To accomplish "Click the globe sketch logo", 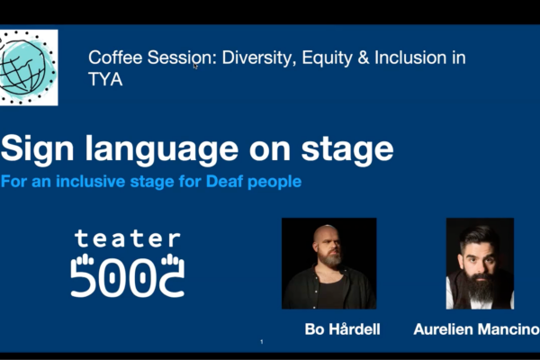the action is click(x=29, y=67).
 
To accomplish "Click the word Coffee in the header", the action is click(x=115, y=58).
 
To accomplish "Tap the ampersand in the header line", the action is click(x=364, y=58).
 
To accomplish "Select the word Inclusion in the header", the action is click(x=410, y=58).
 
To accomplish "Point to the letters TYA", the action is click(x=105, y=79).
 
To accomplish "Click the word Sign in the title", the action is click(x=37, y=149).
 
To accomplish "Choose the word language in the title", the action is click(x=162, y=149).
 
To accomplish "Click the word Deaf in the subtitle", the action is click(x=224, y=181).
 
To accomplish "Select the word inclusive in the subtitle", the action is click(x=90, y=181).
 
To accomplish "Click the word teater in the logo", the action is click(x=128, y=238).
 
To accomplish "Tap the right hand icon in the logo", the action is click(x=171, y=260).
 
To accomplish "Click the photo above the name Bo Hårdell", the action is click(x=328, y=263).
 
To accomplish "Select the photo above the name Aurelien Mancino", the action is click(x=480, y=263).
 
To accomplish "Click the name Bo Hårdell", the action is click(x=342, y=329).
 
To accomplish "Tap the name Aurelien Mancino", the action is click(x=477, y=329).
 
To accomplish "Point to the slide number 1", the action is click(x=262, y=342).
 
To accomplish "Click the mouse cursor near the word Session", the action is click(x=195, y=66).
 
